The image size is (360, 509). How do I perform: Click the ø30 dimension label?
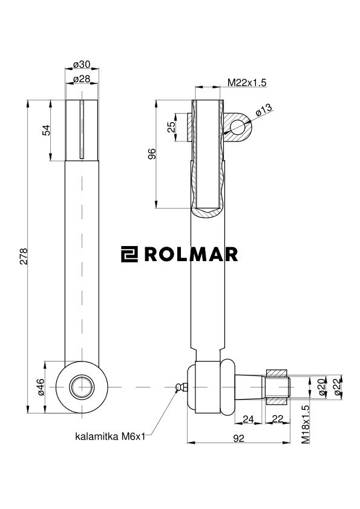click(82, 65)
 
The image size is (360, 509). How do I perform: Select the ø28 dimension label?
click(82, 79)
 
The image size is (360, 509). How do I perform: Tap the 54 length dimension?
click(46, 129)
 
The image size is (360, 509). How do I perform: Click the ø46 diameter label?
click(40, 387)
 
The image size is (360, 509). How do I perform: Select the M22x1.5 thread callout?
click(247, 82)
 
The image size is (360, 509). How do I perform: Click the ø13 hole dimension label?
click(264, 110)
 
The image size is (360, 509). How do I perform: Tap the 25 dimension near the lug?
click(171, 127)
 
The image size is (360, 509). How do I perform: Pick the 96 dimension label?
click(152, 154)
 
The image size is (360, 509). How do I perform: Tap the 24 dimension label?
click(247, 419)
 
